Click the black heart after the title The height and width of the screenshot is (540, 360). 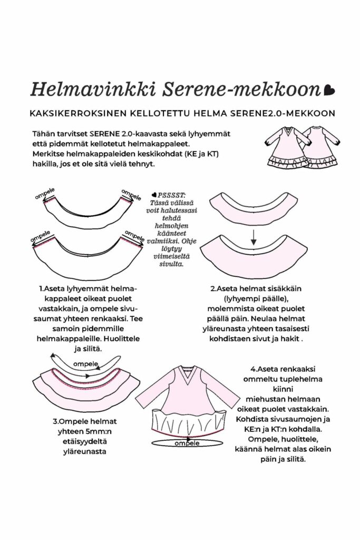(329, 90)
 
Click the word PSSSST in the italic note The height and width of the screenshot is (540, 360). (168, 196)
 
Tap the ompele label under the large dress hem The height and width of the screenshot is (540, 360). (186, 443)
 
